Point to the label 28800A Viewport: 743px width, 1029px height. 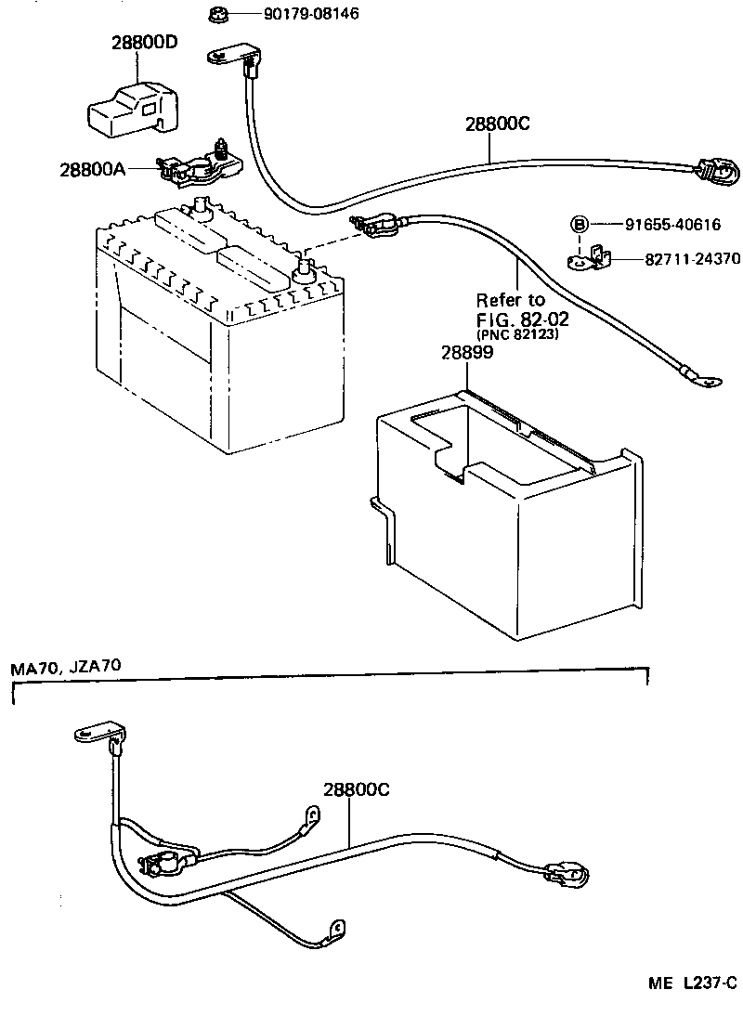pos(93,169)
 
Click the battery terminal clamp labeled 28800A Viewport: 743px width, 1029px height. pos(199,164)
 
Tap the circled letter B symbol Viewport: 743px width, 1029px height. pos(579,224)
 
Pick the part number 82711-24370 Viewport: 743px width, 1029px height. pos(692,260)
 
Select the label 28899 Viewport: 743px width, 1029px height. pos(466,353)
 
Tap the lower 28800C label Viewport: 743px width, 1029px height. pos(356,790)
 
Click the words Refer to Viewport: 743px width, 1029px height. pos(511,300)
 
